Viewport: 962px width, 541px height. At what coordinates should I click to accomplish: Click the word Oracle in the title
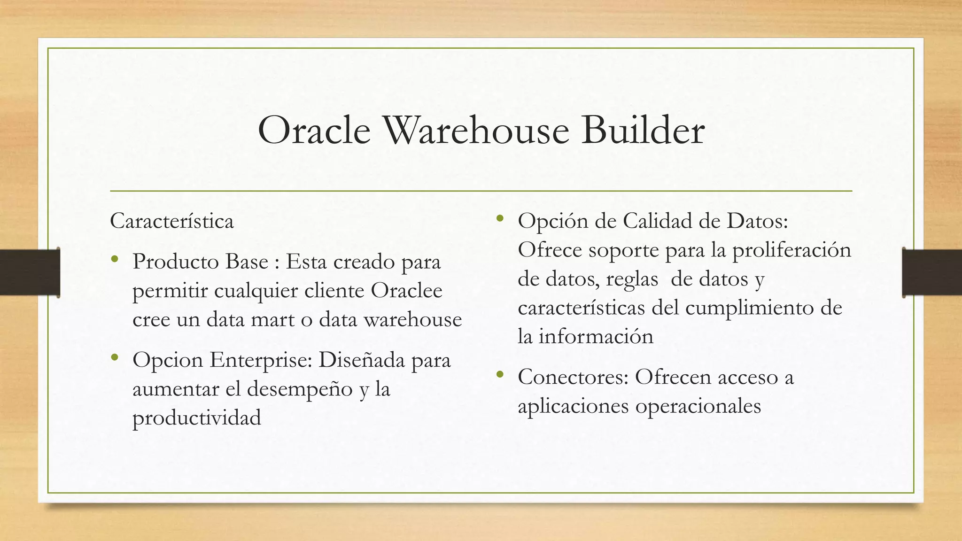[314, 131]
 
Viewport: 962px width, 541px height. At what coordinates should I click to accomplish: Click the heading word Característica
[171, 221]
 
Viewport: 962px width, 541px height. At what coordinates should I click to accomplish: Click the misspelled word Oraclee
[406, 291]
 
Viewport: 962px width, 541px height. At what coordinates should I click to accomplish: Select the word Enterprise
[261, 361]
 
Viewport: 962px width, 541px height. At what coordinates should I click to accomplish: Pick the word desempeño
[300, 389]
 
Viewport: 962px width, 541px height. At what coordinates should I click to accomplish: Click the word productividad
[196, 418]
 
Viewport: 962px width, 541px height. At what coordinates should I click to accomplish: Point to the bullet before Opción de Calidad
[500, 218]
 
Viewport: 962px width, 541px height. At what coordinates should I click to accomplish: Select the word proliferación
[791, 250]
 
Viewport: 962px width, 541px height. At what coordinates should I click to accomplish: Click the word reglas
[632, 279]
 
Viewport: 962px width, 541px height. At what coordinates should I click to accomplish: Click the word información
[596, 337]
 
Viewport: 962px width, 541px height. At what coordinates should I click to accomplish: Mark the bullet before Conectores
[500, 375]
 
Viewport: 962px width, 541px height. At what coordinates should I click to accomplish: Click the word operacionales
[698, 406]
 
